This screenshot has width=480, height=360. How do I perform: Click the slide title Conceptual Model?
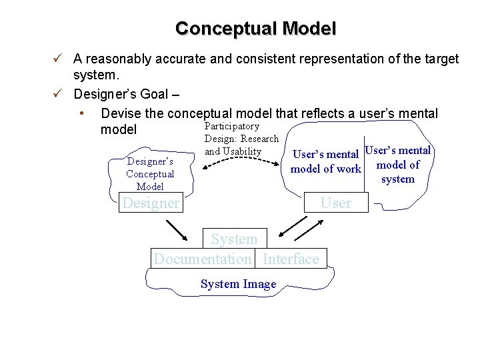click(x=255, y=29)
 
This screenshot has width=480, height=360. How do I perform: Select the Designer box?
click(x=151, y=203)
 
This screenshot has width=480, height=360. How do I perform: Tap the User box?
click(x=335, y=203)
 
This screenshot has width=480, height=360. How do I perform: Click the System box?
click(x=234, y=239)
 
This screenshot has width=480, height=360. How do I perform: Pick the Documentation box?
click(x=203, y=259)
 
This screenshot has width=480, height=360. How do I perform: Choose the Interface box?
click(x=291, y=259)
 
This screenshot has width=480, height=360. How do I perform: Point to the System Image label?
click(x=238, y=284)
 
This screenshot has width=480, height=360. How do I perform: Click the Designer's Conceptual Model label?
click(x=150, y=174)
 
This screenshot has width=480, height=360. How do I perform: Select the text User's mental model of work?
click(x=326, y=162)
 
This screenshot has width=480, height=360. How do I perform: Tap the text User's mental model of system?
click(x=398, y=165)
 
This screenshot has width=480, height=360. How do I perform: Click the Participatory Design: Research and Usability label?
click(x=241, y=139)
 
